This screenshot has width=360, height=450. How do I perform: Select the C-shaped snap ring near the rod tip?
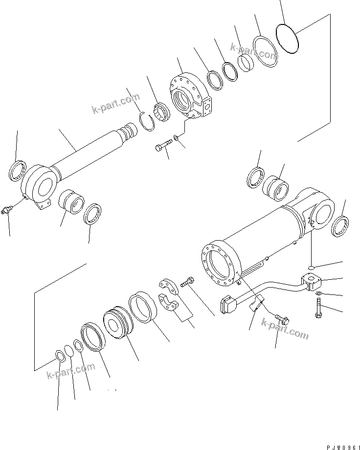pyautogui.click(x=148, y=120)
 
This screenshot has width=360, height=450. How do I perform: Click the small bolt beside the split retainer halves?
pyautogui.click(x=188, y=282)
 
